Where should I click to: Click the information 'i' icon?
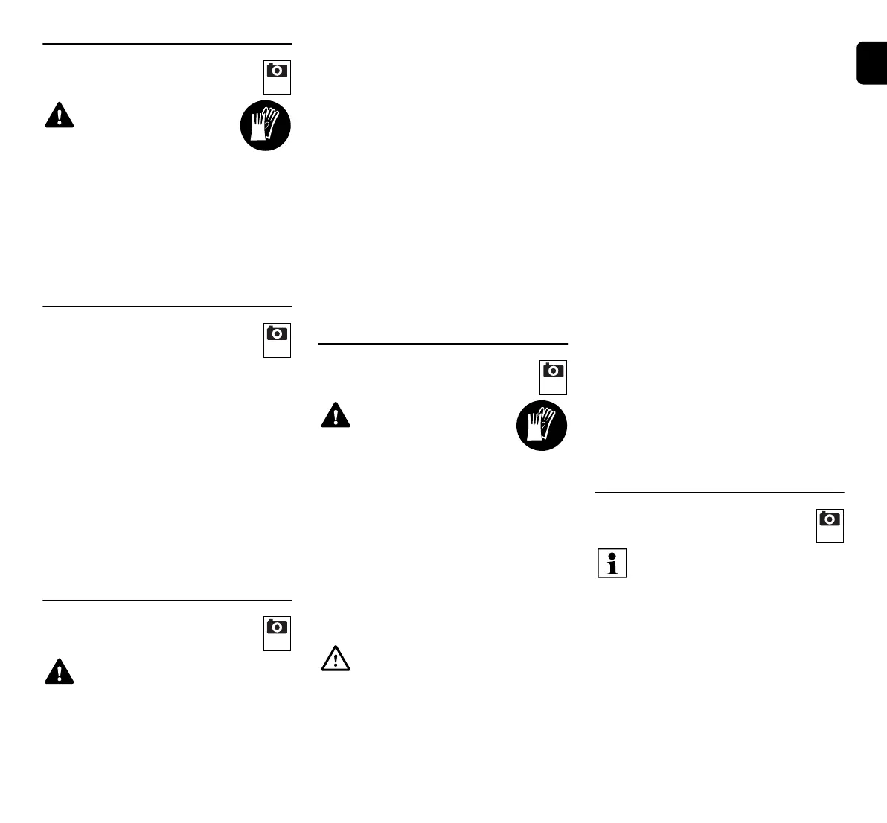tap(612, 563)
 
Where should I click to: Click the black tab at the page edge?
tap(871, 64)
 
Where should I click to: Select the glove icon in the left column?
tap(265, 126)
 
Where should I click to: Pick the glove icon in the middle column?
tap(542, 426)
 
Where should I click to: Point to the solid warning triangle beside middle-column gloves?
tap(336, 415)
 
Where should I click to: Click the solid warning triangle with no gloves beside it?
tap(60, 671)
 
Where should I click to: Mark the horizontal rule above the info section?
tap(720, 492)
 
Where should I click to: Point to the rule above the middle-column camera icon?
tap(443, 344)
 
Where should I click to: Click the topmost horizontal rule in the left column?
tap(167, 44)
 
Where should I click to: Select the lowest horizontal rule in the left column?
tap(167, 600)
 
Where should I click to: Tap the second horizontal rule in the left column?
tap(167, 306)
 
